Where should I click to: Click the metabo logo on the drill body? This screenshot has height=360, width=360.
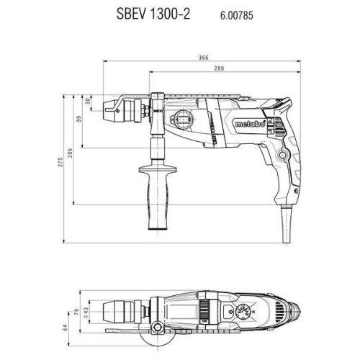coord(251,130)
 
